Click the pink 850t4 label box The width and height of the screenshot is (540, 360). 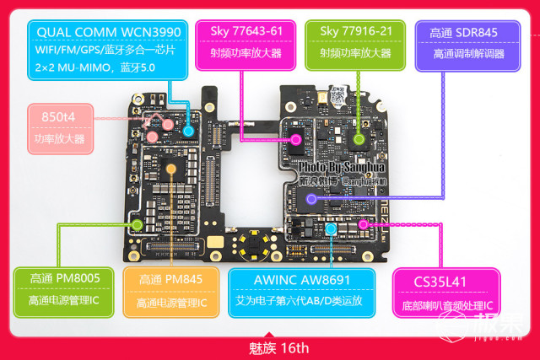(x=60, y=126)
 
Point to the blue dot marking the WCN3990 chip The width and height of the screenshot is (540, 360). (x=188, y=131)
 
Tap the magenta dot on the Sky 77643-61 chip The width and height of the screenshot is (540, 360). (x=296, y=138)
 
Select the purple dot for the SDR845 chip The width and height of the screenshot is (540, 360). (x=311, y=200)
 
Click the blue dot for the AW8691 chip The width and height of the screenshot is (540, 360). (x=331, y=229)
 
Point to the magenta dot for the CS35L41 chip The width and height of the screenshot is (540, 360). (x=364, y=225)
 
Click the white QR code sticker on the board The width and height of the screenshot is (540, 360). (x=337, y=95)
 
